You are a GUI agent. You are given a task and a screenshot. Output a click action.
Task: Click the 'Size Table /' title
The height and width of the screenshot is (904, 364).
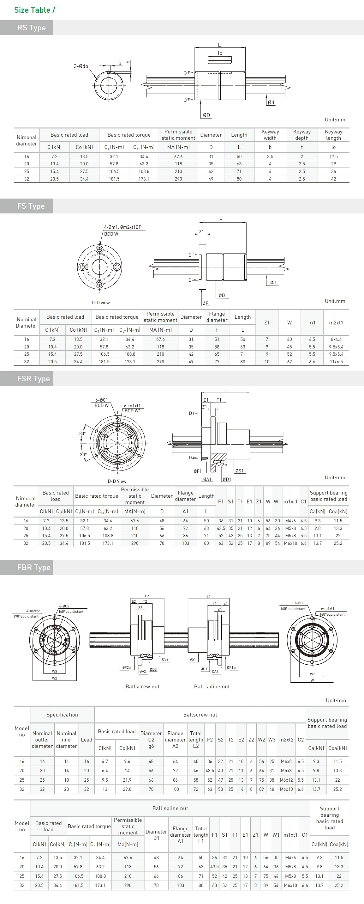34,10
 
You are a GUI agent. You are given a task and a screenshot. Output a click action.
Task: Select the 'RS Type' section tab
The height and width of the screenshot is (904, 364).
32,28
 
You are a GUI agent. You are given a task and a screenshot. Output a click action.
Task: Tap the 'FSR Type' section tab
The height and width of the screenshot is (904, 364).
33,379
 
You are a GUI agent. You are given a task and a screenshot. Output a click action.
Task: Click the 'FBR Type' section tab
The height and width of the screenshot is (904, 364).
34,568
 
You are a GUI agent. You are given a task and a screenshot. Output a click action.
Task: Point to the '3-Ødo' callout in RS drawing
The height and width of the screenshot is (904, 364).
81,66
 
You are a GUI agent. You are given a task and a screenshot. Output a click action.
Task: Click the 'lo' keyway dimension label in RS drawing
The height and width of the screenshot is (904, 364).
220,53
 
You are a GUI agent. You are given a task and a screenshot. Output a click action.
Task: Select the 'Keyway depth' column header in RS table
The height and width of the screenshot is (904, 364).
301,135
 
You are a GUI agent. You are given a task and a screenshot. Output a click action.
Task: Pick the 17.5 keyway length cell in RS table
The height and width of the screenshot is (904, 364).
333,157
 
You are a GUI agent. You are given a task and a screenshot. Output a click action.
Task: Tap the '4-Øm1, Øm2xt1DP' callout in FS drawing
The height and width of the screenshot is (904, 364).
122,227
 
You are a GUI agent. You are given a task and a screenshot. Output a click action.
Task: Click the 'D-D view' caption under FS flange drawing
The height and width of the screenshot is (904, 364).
100,303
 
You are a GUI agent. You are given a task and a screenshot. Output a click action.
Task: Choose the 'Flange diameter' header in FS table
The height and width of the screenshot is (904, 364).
217,317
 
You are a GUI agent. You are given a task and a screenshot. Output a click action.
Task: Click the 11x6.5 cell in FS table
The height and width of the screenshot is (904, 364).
336,361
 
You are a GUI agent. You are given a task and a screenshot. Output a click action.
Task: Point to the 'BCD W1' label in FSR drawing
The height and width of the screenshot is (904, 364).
132,411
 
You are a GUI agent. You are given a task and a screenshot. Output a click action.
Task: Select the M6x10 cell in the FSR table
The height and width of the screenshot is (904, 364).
290,543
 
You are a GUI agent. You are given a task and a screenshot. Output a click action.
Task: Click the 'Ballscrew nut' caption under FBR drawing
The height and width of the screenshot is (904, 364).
142,686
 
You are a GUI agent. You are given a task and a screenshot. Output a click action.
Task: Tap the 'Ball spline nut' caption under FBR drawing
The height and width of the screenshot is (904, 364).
212,686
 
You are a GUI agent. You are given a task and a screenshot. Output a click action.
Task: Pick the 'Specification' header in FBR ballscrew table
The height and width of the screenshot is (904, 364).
62,715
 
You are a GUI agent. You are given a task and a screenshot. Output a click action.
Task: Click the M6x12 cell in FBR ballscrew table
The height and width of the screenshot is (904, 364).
286,780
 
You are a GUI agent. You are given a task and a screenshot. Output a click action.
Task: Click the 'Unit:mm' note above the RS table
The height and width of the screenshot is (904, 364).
335,120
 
